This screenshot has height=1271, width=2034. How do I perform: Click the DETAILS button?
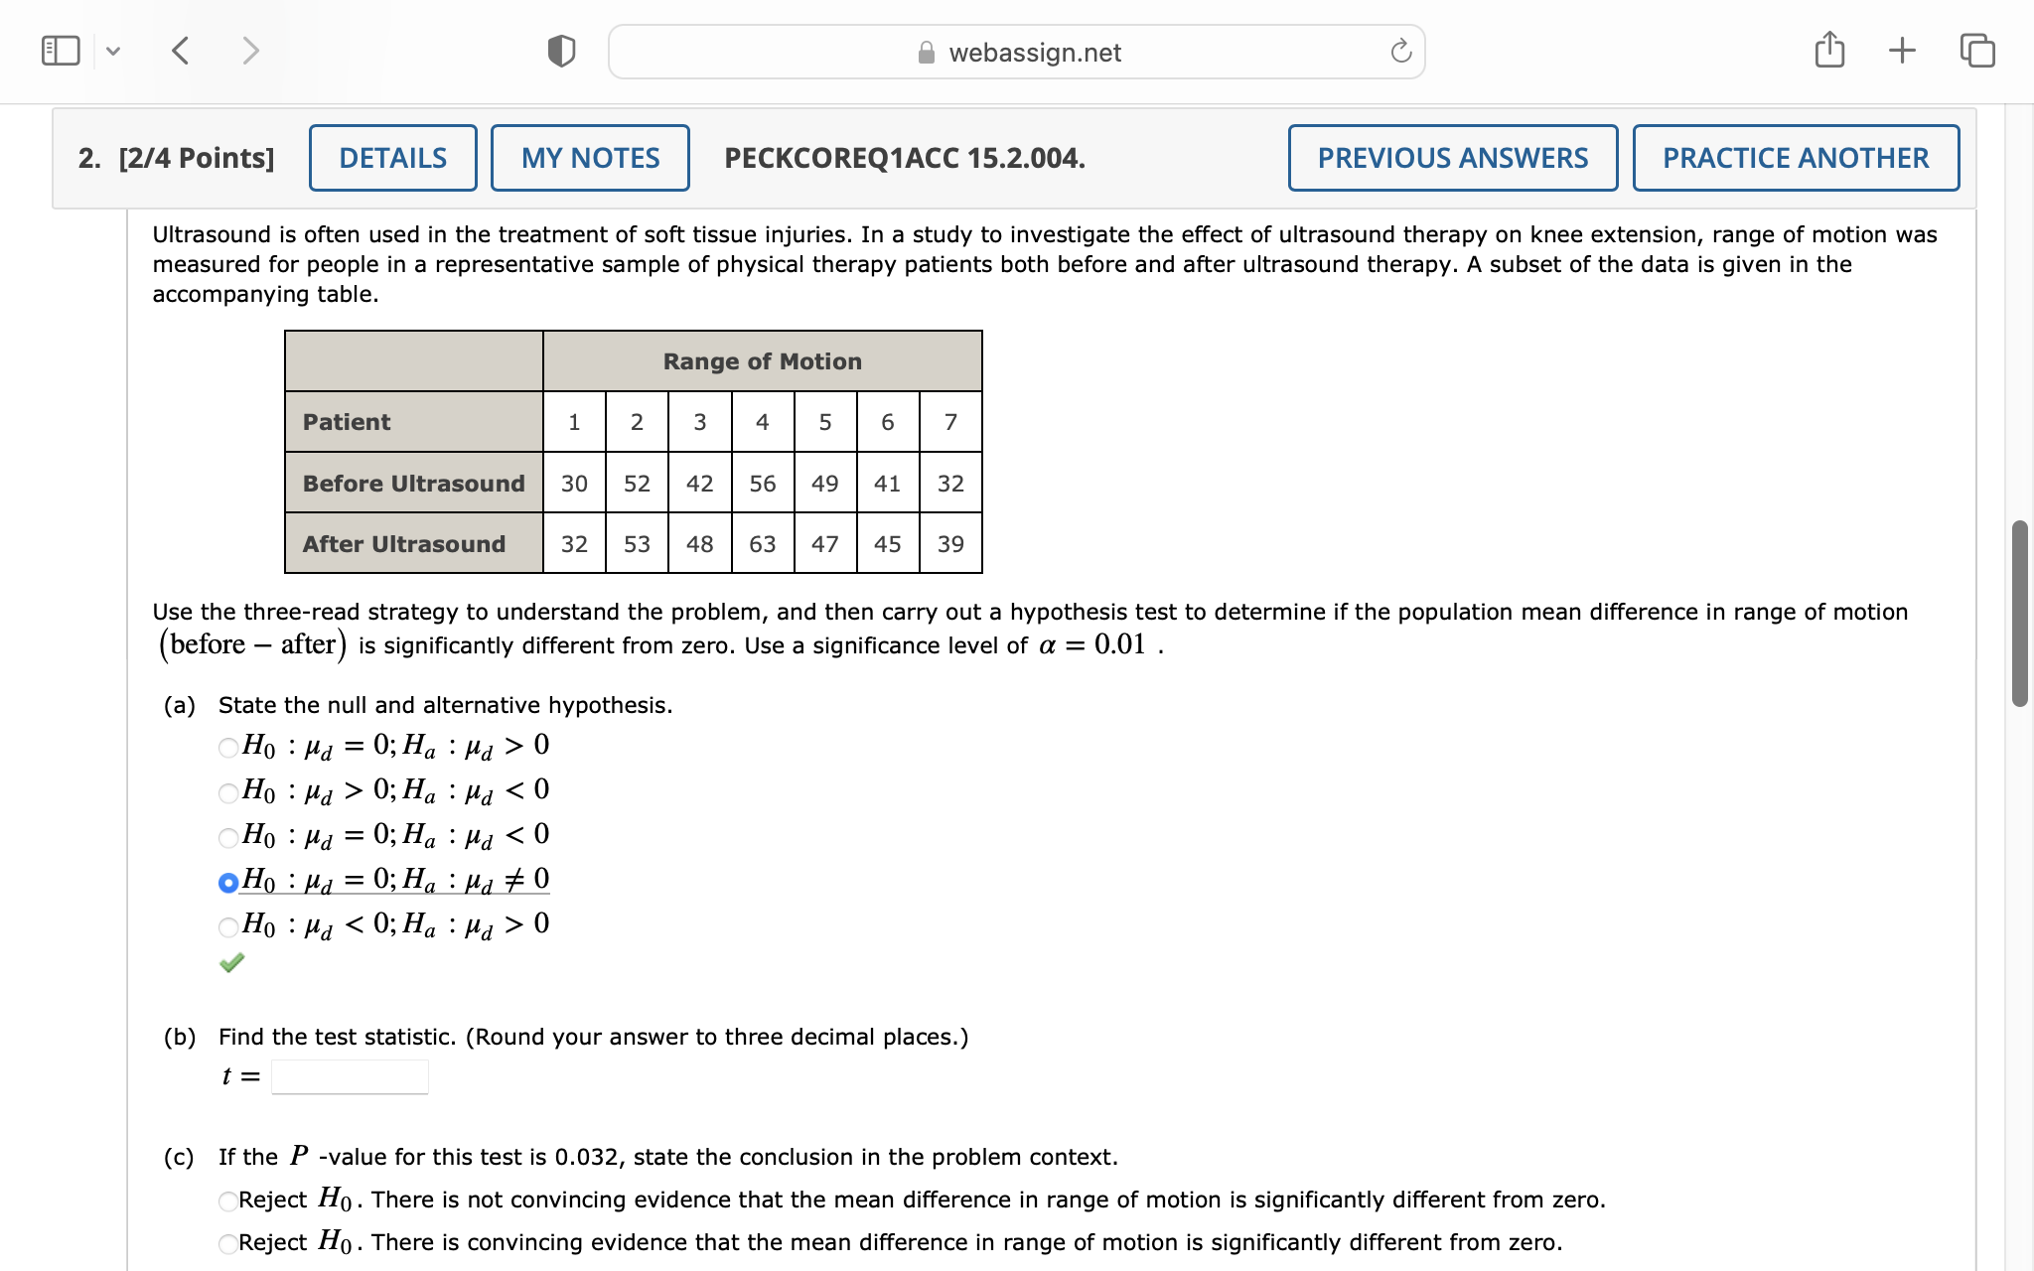point(392,158)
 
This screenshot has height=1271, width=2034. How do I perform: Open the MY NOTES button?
point(590,158)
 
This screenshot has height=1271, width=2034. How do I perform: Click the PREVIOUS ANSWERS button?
point(1452,158)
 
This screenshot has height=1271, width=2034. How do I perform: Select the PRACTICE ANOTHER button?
point(1795,158)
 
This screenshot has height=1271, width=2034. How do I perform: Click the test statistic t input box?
point(350,1076)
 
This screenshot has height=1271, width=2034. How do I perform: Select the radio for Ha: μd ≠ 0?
point(228,882)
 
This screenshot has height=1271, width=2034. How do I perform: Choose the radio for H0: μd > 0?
point(228,792)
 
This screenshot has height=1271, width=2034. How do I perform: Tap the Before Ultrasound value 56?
point(762,484)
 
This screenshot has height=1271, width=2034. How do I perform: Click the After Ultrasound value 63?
point(762,544)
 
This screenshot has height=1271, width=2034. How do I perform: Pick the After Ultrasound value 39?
point(950,544)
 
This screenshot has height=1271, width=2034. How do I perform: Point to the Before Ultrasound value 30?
point(574,484)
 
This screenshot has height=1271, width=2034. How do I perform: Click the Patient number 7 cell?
point(950,422)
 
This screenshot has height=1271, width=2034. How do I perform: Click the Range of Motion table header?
point(762,361)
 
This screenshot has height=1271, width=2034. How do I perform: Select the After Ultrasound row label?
point(404,544)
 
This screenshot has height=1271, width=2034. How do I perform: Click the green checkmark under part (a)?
point(231,963)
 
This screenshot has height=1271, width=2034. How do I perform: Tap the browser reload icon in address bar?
point(1400,52)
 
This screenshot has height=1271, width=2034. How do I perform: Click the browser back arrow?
point(181,51)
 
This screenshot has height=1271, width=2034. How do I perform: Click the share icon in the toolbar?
point(1828,51)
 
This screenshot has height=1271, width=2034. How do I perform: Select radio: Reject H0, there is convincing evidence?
point(228,1244)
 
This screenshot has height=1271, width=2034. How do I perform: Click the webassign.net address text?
point(1034,53)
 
